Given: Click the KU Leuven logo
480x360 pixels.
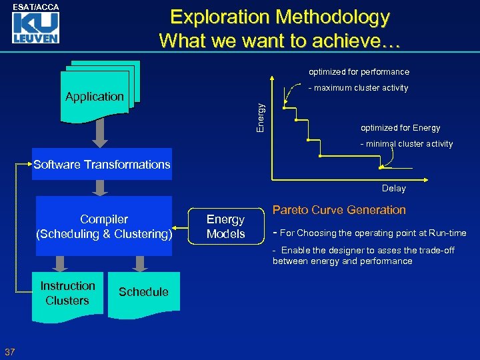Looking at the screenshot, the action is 37,29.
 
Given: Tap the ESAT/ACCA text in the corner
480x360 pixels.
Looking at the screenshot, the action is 37,7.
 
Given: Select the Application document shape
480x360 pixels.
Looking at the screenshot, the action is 95,97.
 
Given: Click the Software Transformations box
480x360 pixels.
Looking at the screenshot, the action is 102,165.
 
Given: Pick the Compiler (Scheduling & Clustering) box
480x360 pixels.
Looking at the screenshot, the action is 104,227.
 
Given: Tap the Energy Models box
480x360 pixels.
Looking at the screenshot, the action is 225,227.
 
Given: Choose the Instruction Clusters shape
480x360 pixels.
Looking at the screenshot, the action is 68,293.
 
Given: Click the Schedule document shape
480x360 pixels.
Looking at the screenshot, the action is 143,292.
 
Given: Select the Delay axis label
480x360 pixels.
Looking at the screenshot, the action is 393,189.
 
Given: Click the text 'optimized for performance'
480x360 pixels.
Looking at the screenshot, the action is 359,72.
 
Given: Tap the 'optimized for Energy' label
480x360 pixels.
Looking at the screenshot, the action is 400,128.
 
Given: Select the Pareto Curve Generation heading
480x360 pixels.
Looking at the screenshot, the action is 339,210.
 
